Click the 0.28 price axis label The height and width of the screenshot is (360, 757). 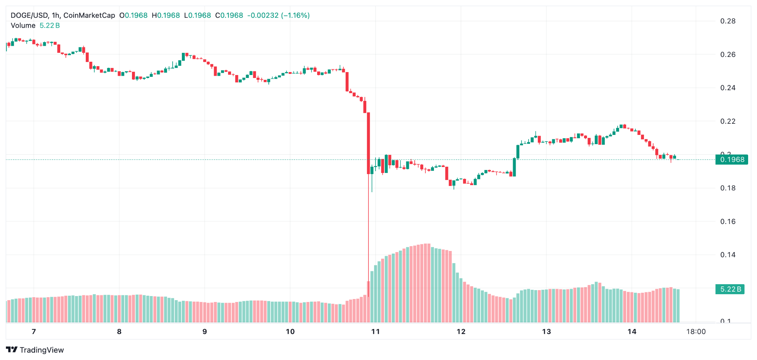click(x=728, y=21)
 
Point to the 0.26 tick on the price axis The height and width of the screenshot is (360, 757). click(x=728, y=55)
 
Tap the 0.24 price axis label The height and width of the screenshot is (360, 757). click(x=728, y=88)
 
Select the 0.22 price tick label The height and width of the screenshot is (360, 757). click(x=728, y=121)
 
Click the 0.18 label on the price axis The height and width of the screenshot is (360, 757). click(x=728, y=188)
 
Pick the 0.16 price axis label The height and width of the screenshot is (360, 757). click(x=728, y=221)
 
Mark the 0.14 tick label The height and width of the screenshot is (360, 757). click(x=728, y=255)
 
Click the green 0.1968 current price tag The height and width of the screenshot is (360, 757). click(x=732, y=160)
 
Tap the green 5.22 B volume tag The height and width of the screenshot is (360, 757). click(x=730, y=289)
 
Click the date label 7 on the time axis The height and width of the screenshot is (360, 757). click(x=34, y=332)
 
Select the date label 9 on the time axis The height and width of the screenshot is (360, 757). click(x=204, y=332)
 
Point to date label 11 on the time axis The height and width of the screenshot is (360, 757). click(x=376, y=332)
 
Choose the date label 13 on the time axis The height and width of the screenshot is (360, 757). click(x=546, y=332)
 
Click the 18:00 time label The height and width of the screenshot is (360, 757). click(x=696, y=332)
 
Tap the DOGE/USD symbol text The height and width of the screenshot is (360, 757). click(x=29, y=16)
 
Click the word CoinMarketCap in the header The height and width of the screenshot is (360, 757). click(x=89, y=16)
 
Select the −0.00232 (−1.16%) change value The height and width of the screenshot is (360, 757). click(x=278, y=16)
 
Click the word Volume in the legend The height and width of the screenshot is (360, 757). click(x=23, y=26)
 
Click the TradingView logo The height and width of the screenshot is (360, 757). click(x=35, y=350)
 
